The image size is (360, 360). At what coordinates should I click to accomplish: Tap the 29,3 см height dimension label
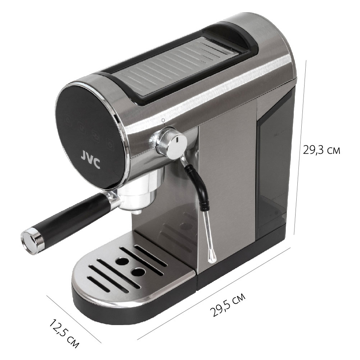pyautogui.click(x=321, y=150)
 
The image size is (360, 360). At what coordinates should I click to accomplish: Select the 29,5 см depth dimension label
pyautogui.click(x=228, y=305)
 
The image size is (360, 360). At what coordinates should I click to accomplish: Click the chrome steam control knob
pyautogui.click(x=172, y=143)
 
